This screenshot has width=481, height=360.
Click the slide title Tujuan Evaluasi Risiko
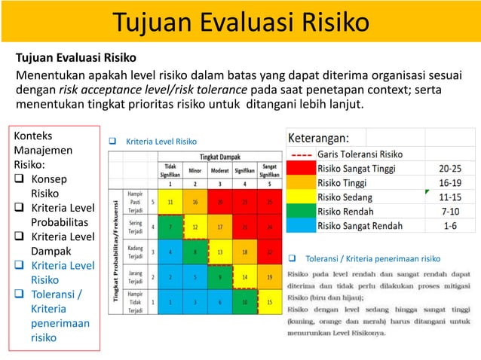pos(240,23)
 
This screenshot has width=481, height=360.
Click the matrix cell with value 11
pos(171,202)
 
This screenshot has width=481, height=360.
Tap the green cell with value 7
pos(171,227)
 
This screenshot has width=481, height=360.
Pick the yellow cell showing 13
pos(219,252)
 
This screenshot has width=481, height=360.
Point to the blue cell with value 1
pos(171,302)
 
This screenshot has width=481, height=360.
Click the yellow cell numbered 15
pos(268,302)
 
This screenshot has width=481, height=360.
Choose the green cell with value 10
pos(244,302)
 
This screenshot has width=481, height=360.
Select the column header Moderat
pos(219,170)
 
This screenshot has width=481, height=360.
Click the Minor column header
pos(195,170)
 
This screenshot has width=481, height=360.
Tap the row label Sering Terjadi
pos(136,227)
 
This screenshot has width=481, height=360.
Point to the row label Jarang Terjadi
pos(136,276)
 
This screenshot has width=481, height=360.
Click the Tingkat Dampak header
pos(219,156)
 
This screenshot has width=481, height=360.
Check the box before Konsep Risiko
pos(21,179)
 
